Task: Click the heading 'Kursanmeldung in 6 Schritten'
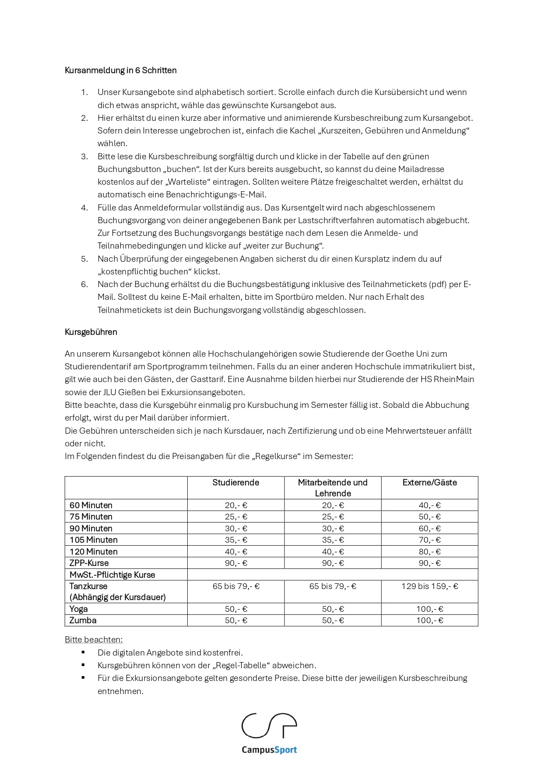click(x=120, y=70)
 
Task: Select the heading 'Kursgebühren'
click(x=91, y=332)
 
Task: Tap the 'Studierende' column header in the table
click(x=235, y=483)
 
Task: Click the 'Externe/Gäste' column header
click(x=429, y=483)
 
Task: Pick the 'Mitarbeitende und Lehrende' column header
click(x=333, y=488)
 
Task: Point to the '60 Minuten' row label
click(x=91, y=505)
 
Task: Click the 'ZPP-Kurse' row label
click(x=89, y=563)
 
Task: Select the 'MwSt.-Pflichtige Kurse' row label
click(x=112, y=575)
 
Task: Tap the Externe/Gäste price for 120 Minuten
click(x=429, y=552)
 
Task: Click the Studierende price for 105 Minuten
click(x=236, y=540)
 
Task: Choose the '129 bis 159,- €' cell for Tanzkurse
click(x=429, y=586)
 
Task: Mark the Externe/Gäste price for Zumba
click(x=429, y=621)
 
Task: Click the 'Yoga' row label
click(x=78, y=609)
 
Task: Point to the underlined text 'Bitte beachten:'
click(x=94, y=640)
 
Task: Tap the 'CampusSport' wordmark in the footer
click(x=269, y=750)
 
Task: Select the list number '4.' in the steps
click(x=84, y=208)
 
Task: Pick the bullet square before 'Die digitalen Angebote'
click(x=83, y=652)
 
